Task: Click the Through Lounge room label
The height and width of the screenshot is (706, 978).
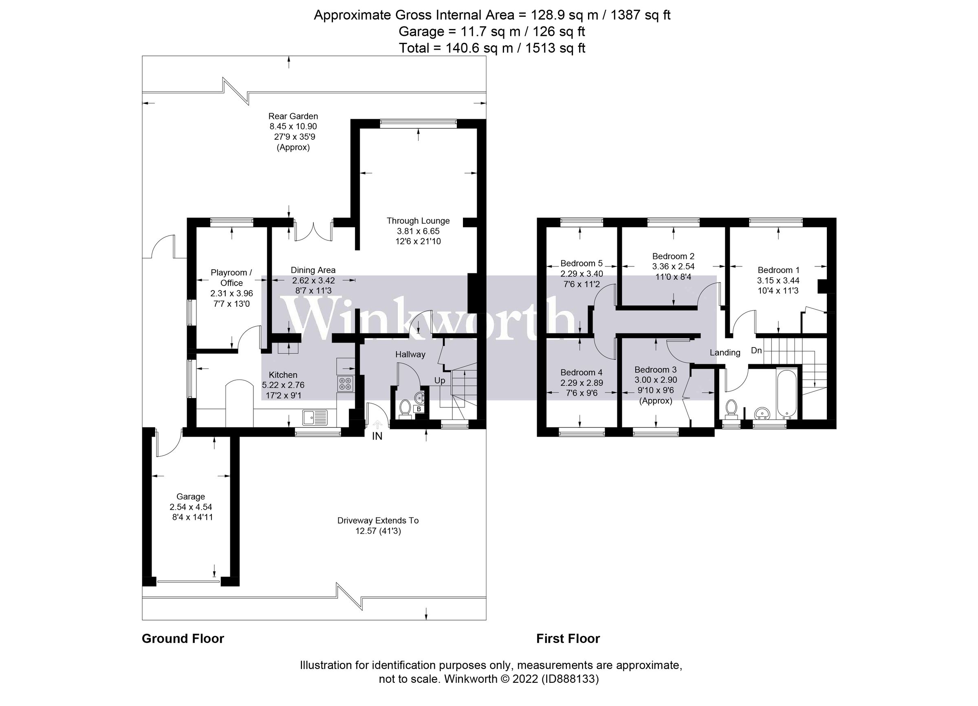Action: [x=418, y=221]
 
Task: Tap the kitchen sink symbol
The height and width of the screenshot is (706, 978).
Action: [x=315, y=417]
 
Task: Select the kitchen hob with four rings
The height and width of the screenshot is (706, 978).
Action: [x=346, y=383]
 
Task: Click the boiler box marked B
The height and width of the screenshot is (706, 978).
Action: [x=418, y=409]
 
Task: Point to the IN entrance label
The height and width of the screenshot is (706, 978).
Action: [x=377, y=436]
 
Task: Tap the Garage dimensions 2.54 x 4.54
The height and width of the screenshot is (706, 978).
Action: [x=191, y=507]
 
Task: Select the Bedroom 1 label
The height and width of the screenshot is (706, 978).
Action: [x=778, y=270]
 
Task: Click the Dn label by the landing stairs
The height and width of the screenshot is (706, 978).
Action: [x=756, y=350]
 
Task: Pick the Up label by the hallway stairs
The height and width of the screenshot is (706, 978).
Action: [x=439, y=380]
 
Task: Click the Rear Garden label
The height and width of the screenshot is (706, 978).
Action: [x=293, y=116]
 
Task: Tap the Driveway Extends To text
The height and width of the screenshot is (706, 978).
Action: [x=378, y=520]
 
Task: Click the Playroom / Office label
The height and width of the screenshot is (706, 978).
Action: [x=231, y=277]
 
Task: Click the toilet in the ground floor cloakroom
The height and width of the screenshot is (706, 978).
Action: [x=405, y=408]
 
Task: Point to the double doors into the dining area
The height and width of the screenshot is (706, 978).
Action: [x=313, y=232]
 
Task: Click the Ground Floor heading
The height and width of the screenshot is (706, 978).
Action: [x=183, y=639]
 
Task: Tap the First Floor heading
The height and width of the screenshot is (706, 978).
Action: [x=568, y=639]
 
